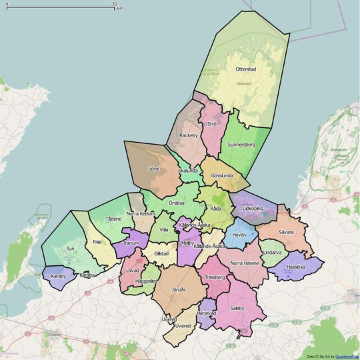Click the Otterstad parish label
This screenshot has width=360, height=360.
pos(246,69)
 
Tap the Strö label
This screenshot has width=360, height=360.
pos(212,124)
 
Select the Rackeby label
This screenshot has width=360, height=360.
pos(189,135)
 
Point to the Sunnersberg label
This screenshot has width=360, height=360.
pos(242,144)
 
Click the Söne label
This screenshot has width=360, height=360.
pos(154,169)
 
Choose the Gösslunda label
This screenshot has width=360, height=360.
pos(221,175)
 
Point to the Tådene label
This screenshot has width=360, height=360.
pos(113,218)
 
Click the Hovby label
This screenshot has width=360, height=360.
pos(239,235)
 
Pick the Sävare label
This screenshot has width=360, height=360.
pos(286,232)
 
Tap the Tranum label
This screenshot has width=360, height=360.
pos(131,243)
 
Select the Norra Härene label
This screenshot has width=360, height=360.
pos(245,263)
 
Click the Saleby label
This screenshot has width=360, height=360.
pos(237,308)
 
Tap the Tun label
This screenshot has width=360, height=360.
pos(69,249)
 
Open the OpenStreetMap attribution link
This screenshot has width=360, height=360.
pos(346,357)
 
